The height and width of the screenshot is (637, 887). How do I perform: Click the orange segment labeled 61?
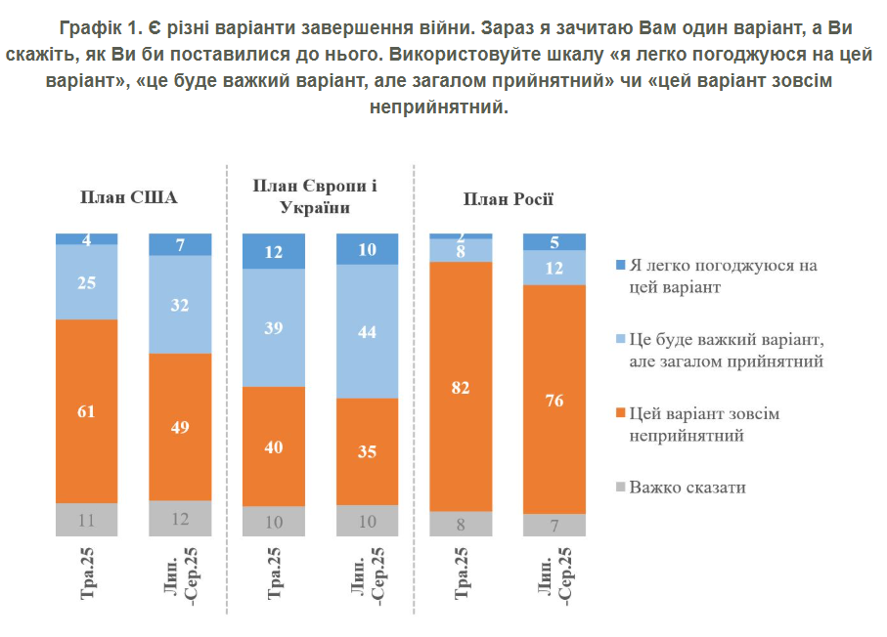tap(86, 410)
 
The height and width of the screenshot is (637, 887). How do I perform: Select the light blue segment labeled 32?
tap(180, 304)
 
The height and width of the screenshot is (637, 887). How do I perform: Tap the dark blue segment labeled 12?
tap(274, 251)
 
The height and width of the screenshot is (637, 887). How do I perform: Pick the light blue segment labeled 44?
tap(368, 331)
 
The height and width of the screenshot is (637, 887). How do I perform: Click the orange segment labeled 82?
tap(462, 387)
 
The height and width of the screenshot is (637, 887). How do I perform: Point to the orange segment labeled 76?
tap(554, 399)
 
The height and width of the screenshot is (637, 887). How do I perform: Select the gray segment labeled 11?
tap(86, 519)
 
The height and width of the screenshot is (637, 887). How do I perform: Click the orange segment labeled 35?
tap(368, 451)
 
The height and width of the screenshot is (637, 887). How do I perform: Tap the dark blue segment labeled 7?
tap(180, 244)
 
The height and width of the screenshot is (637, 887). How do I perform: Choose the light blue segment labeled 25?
tap(86, 282)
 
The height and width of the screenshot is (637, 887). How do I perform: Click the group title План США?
tap(129, 198)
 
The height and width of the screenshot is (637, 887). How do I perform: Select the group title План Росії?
tap(508, 199)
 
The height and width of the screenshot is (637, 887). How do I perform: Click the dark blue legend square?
tap(619, 265)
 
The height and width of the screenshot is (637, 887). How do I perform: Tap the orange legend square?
tap(619, 414)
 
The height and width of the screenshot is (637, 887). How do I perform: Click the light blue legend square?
tap(619, 339)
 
